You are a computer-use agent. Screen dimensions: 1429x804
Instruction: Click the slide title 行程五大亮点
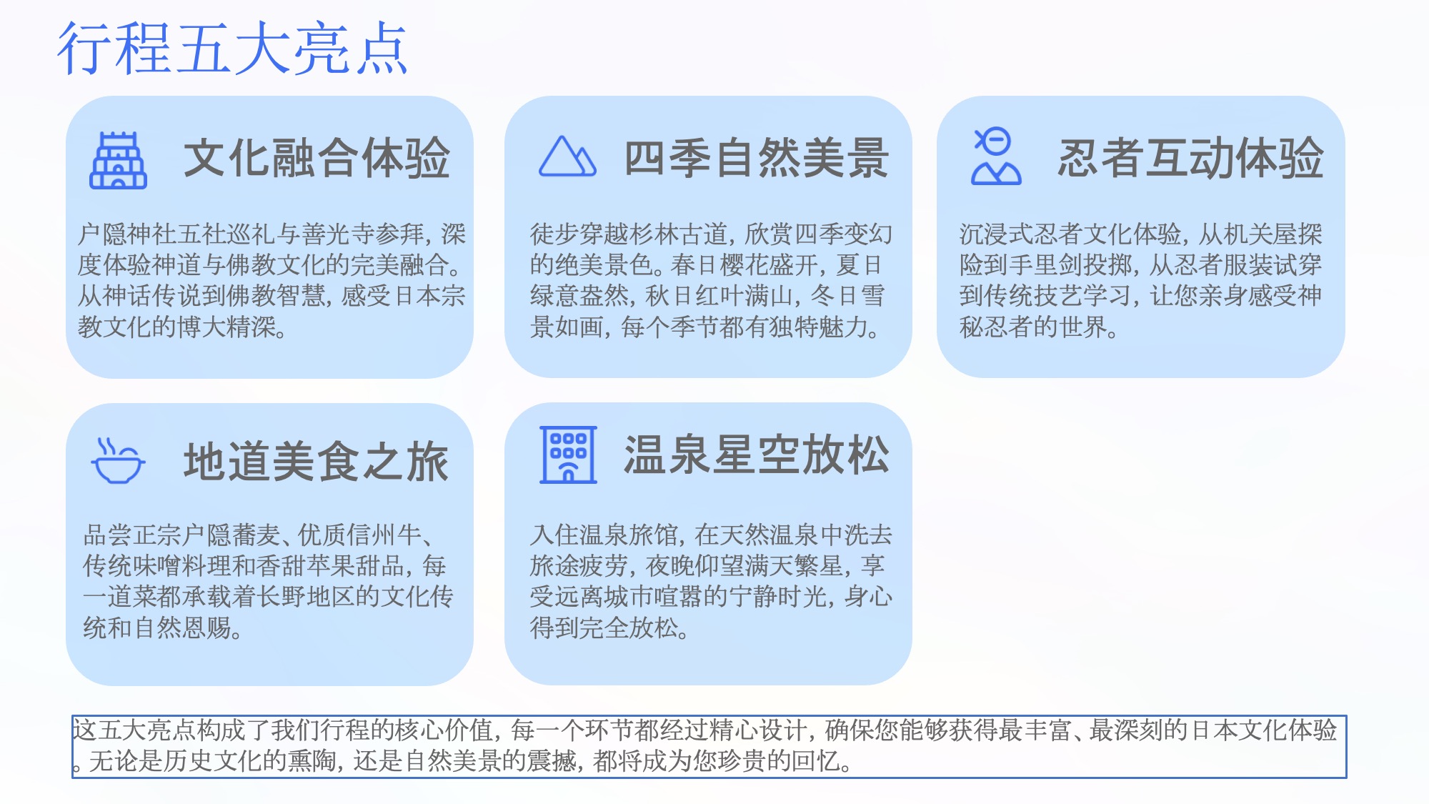point(232,49)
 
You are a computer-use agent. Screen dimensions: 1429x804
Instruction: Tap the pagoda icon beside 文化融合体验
point(118,160)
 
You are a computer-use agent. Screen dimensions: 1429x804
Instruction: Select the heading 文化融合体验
point(317,158)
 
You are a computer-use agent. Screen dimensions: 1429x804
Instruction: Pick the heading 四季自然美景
point(757,158)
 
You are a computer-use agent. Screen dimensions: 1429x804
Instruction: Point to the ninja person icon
point(996,157)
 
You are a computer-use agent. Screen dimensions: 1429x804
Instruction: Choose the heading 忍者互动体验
point(1190,158)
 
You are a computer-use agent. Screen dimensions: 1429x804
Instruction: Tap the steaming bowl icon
point(118,461)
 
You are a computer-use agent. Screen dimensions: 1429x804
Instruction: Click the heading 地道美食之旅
point(317,462)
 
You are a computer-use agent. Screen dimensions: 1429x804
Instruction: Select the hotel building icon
point(568,455)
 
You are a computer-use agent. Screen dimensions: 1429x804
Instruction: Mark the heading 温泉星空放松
point(757,455)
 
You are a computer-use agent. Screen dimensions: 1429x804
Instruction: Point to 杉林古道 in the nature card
point(679,234)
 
